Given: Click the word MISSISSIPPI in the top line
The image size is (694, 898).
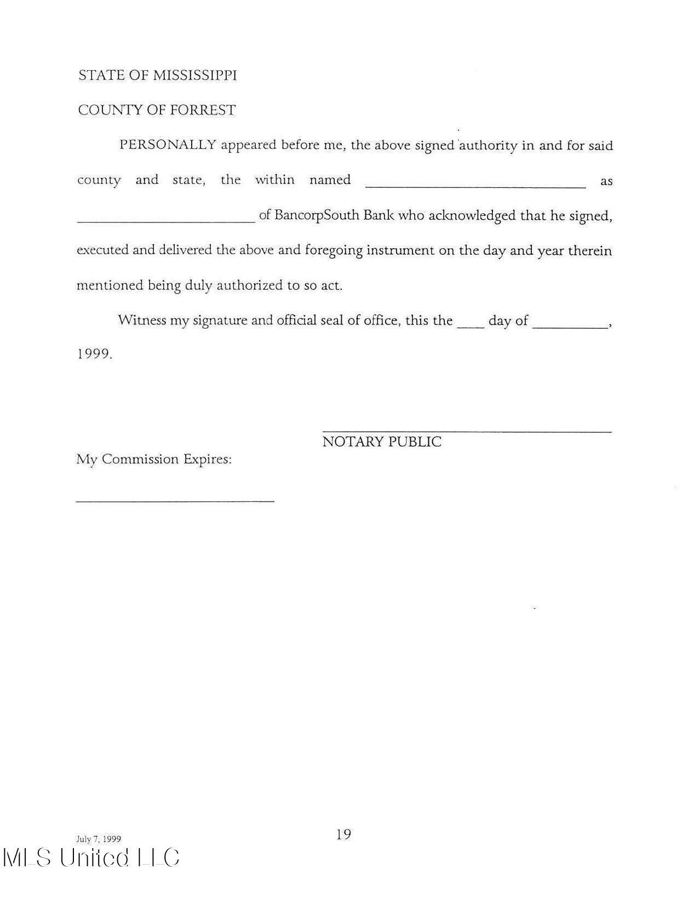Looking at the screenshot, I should click(x=194, y=76).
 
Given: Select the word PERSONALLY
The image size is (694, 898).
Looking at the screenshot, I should click(x=168, y=145).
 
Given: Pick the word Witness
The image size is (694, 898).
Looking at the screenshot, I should click(x=142, y=321).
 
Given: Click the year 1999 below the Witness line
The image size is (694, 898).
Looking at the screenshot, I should click(x=94, y=354).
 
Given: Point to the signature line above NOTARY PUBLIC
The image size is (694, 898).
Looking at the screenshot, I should click(x=466, y=431).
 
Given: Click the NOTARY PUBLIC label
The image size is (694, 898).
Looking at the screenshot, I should click(x=381, y=442).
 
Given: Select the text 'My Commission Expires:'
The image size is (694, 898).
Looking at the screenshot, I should click(x=154, y=459).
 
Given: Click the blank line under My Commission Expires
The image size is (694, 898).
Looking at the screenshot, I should click(x=175, y=500).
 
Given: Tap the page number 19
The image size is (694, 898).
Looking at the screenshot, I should click(x=343, y=834).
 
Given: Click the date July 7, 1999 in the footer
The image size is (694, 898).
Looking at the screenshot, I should click(x=99, y=839).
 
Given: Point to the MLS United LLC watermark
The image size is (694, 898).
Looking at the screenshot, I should click(x=91, y=858).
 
